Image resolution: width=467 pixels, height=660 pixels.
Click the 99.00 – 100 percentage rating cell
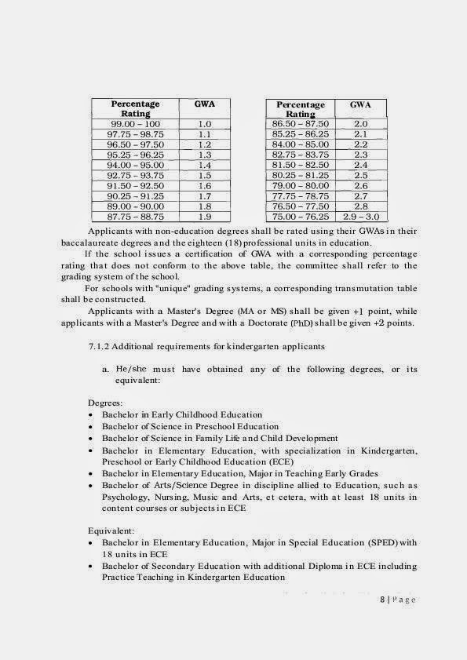coord(135,124)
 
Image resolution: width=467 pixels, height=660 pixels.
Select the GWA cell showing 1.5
coord(205,176)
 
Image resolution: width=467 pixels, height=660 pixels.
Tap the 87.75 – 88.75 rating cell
coord(135,216)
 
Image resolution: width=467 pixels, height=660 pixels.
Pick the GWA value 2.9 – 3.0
coord(361,216)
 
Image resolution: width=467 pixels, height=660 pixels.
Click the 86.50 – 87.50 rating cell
coord(300,124)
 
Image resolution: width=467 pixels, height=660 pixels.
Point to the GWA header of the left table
coord(205,104)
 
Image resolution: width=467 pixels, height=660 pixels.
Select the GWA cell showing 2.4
coord(361,166)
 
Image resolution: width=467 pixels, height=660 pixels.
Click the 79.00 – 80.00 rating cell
coord(300,186)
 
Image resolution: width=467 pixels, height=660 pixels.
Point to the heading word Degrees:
coord(105,403)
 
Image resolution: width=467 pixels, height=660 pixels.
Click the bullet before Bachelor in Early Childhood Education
coord(91,415)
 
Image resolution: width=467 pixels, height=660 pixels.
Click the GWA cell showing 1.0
coord(205,124)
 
